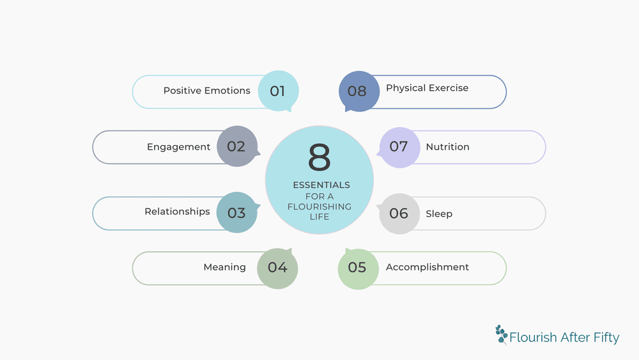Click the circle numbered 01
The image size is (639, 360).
click(x=278, y=91)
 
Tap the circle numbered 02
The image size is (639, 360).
click(x=237, y=146)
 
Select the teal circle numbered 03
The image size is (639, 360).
click(x=237, y=212)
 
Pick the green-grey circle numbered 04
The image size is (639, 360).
click(x=277, y=267)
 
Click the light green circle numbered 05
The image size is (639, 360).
click(x=357, y=267)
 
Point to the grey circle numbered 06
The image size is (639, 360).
click(x=399, y=213)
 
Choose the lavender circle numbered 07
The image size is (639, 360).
click(x=399, y=146)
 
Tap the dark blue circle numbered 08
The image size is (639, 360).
click(x=358, y=91)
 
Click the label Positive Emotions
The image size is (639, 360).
click(x=206, y=91)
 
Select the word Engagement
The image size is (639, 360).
click(x=178, y=147)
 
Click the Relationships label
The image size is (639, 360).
click(x=177, y=212)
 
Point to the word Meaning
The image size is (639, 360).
click(x=224, y=267)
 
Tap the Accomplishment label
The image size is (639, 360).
click(x=427, y=267)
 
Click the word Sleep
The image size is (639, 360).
click(x=438, y=214)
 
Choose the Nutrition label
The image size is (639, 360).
click(x=447, y=147)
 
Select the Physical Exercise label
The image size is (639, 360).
click(x=427, y=88)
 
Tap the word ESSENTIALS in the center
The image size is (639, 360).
click(x=321, y=185)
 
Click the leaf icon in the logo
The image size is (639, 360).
click(x=501, y=334)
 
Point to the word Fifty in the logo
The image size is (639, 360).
click(x=606, y=338)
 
